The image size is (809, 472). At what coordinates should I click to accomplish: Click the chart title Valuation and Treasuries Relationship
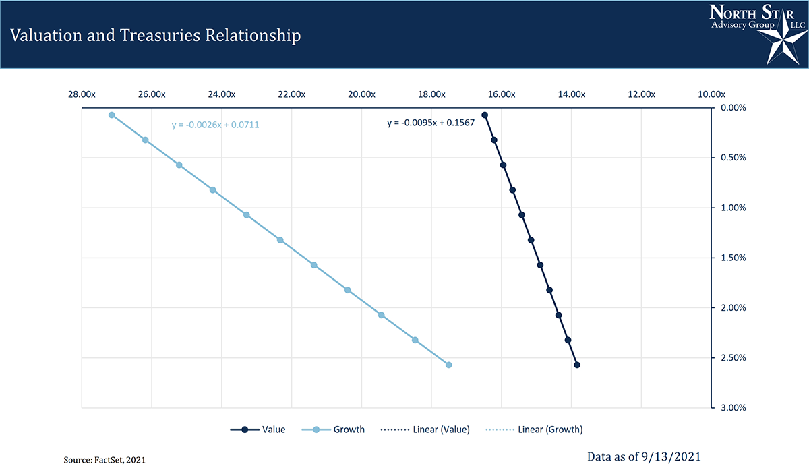tap(156, 36)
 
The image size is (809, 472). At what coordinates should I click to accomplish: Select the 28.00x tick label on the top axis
tap(82, 94)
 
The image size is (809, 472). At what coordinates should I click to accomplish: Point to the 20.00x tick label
tap(361, 94)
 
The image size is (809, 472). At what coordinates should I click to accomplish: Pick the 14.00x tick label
tap(571, 94)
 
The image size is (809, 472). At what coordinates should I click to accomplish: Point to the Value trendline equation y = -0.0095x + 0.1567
tap(431, 123)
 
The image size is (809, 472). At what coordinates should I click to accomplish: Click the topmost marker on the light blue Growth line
tap(112, 115)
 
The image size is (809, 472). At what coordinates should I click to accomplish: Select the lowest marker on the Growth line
tap(449, 365)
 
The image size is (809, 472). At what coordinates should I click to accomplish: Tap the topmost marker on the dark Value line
tap(485, 115)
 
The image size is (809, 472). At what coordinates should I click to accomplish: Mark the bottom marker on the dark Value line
tap(577, 365)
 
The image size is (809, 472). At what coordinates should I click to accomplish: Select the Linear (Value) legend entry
tap(425, 430)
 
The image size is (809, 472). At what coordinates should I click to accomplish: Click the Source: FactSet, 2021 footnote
tap(104, 459)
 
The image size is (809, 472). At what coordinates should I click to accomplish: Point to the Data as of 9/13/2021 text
tap(644, 457)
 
